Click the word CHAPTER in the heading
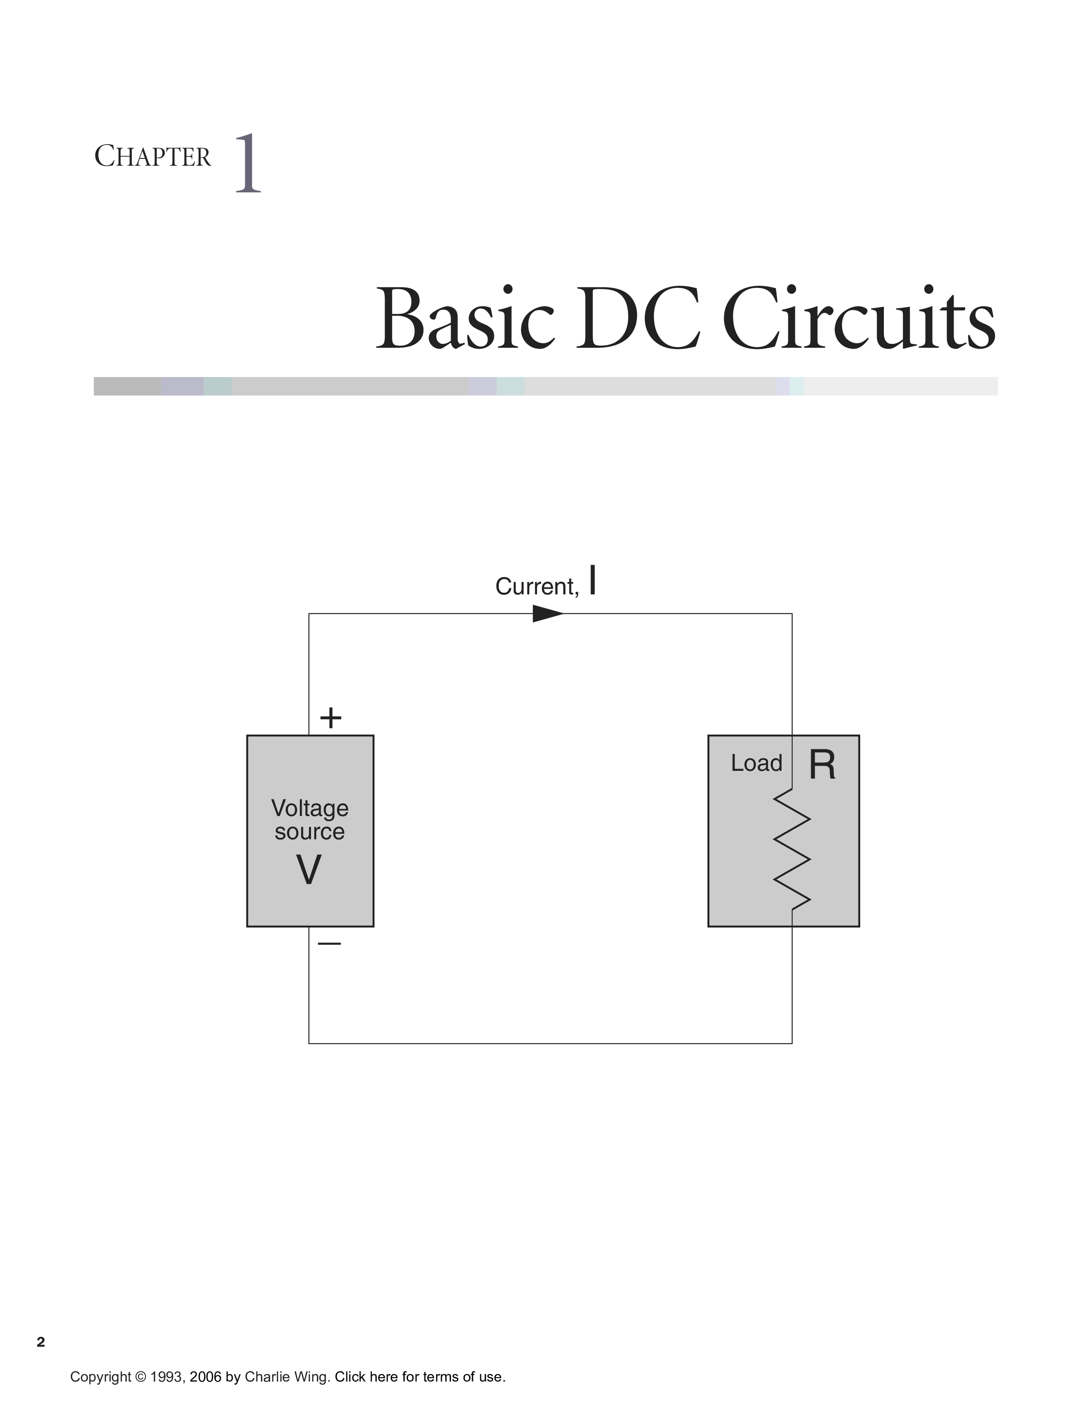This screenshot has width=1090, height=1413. pos(153,157)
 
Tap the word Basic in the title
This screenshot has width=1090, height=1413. pos(464,319)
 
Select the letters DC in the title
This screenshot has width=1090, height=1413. pos(638,319)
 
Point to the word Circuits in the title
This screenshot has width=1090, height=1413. pos(858,319)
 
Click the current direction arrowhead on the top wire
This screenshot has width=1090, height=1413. pos(548,613)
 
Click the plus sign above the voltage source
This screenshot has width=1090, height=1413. pos(330,717)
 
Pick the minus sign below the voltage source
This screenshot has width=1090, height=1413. pos(329,943)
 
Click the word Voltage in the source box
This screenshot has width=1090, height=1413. pos(310,808)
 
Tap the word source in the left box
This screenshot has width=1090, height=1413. pos(309,832)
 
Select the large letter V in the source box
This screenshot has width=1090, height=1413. pos(309,869)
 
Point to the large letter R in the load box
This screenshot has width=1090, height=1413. pos(822,765)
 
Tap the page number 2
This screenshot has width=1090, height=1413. pos(41,1342)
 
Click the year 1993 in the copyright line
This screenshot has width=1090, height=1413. pos(164,1377)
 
